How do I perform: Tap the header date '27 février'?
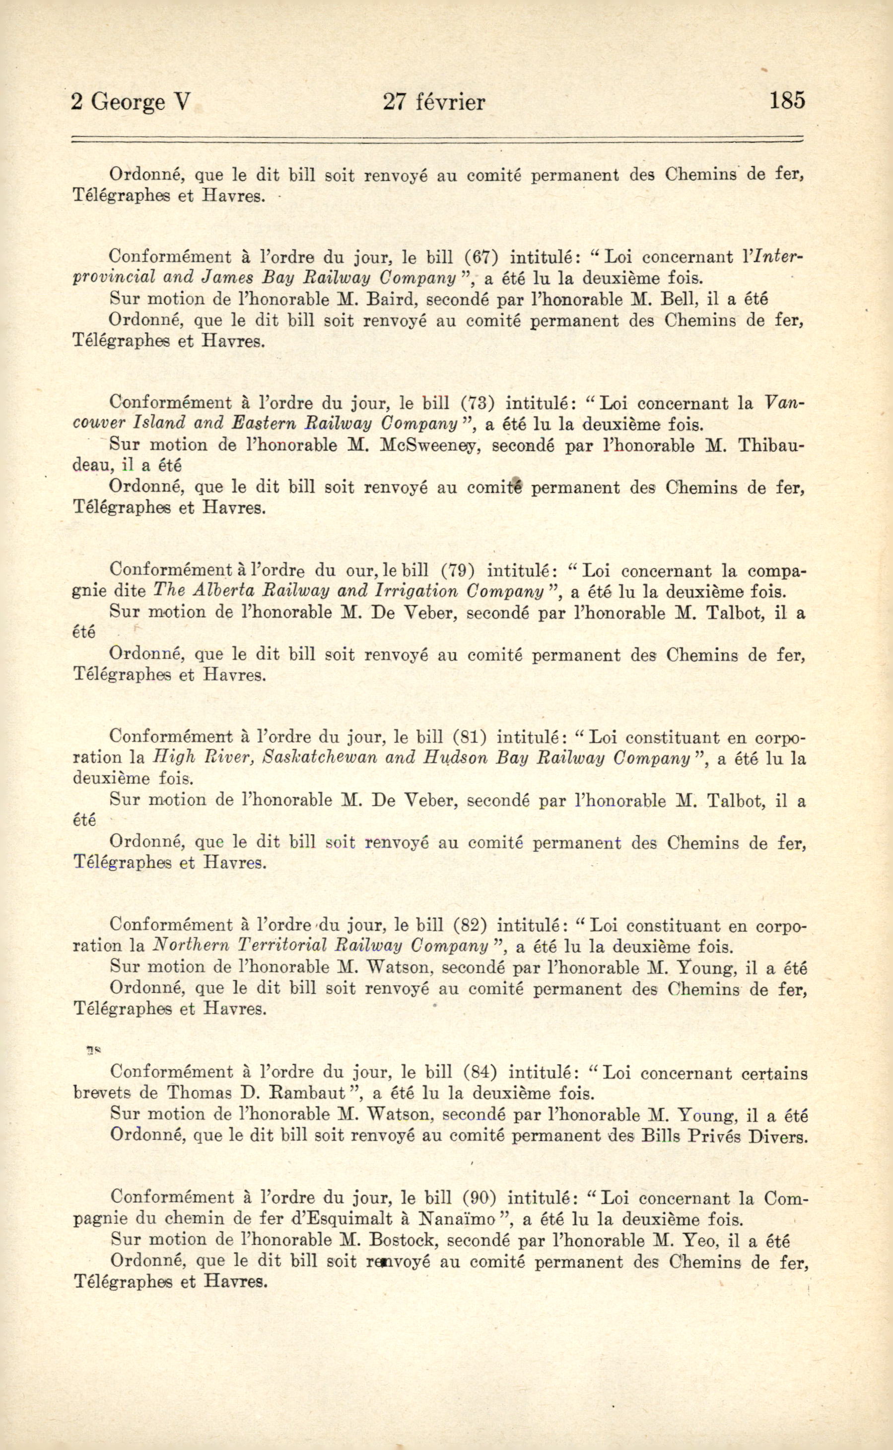pyautogui.click(x=434, y=102)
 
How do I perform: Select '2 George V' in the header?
pyautogui.click(x=131, y=102)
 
